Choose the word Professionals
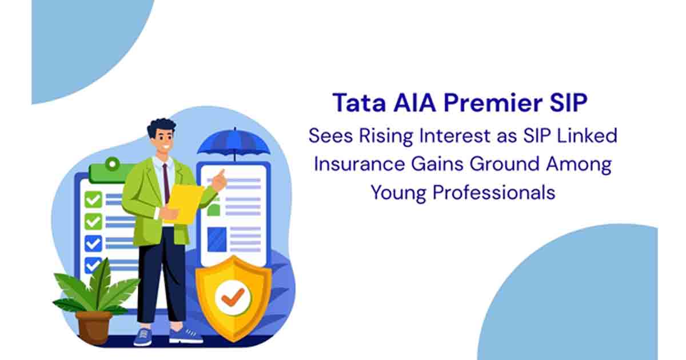[493, 192]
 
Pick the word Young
[398, 192]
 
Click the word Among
[577, 164]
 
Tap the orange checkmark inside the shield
[233, 297]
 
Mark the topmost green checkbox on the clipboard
[93, 199]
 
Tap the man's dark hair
[161, 128]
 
